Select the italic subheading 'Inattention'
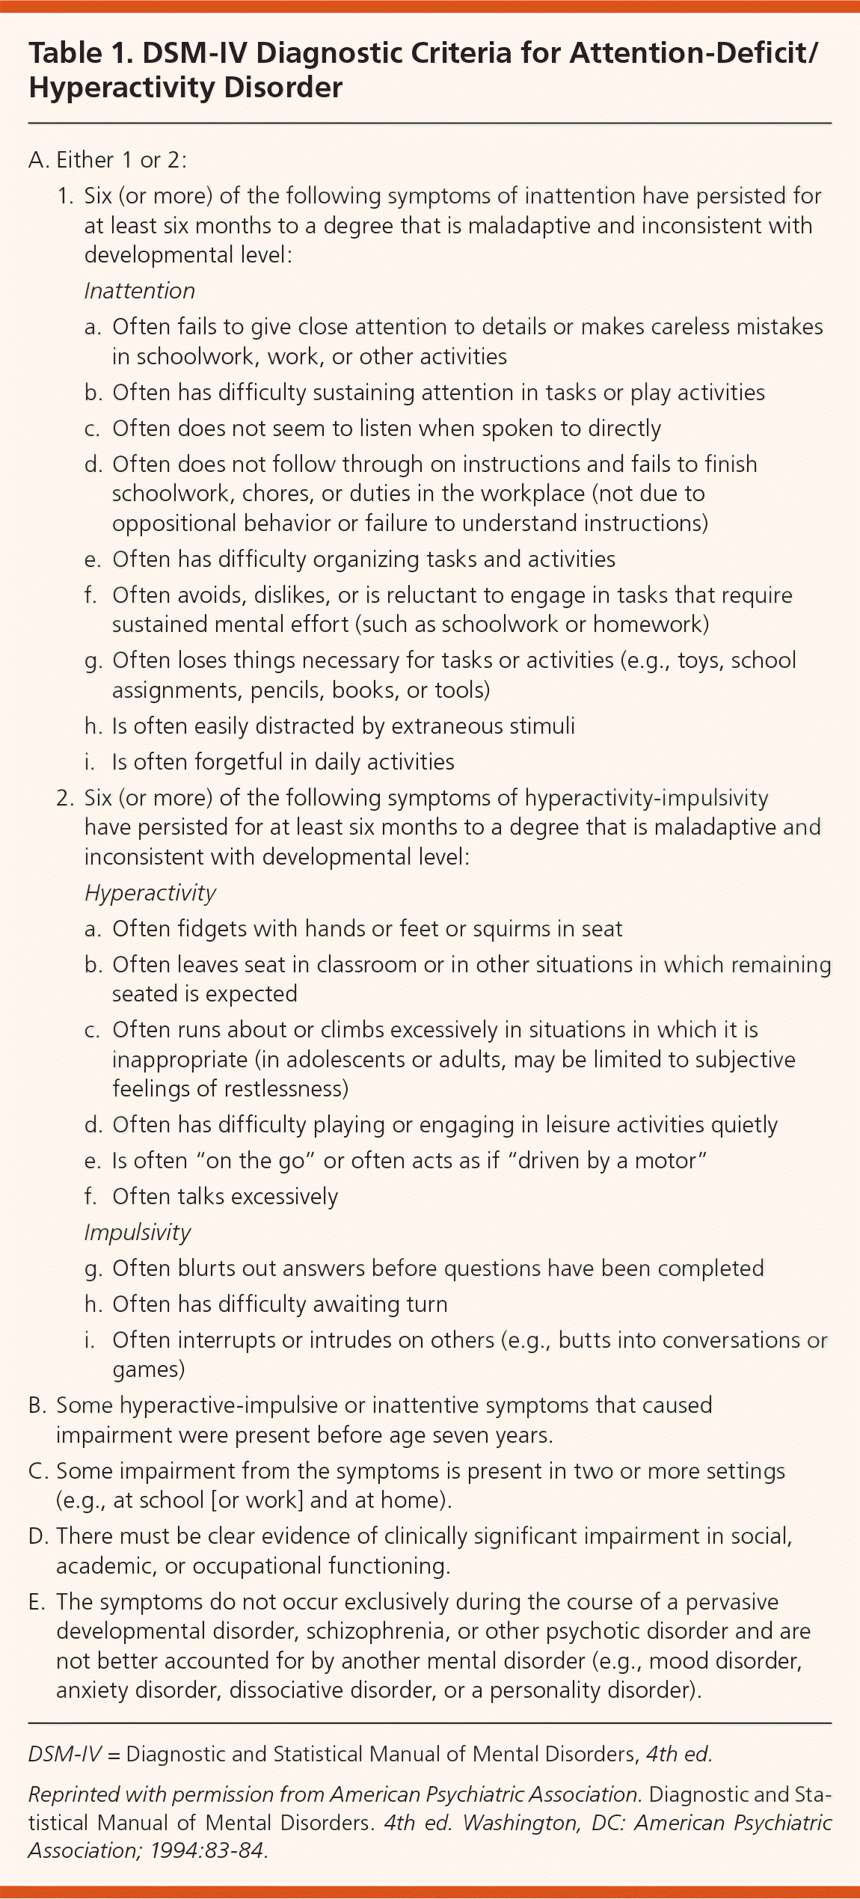point(139,291)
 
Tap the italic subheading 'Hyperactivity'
point(150,893)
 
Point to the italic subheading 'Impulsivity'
point(138,1233)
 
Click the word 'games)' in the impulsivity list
point(148,1369)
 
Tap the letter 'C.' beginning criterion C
point(38,1471)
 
